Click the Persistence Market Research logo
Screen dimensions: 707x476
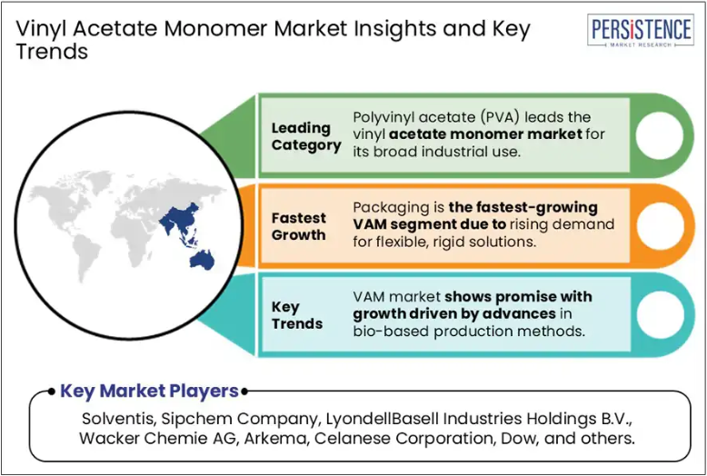point(641,30)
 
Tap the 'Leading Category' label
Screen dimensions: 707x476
point(306,136)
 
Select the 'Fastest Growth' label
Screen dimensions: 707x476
point(298,226)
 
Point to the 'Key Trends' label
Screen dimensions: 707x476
point(297,315)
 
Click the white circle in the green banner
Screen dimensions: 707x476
point(660,135)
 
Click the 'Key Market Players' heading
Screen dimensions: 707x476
point(149,391)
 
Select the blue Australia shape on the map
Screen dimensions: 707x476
point(202,260)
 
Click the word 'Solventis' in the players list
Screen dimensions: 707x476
point(119,419)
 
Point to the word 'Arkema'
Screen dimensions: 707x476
point(276,438)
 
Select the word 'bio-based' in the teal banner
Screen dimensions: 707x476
point(391,332)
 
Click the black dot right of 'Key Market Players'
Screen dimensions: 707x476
point(244,392)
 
